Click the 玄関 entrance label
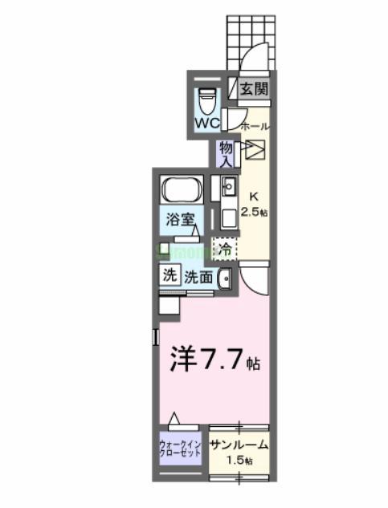click(x=252, y=90)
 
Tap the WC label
click(x=207, y=124)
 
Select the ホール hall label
click(x=255, y=126)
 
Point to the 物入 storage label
click(x=226, y=154)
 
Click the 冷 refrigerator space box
click(x=226, y=250)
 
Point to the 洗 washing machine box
click(x=169, y=274)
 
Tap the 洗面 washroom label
click(x=198, y=278)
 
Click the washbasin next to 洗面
click(x=225, y=280)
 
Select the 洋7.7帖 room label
click(x=214, y=361)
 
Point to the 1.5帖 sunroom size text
click(x=239, y=461)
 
